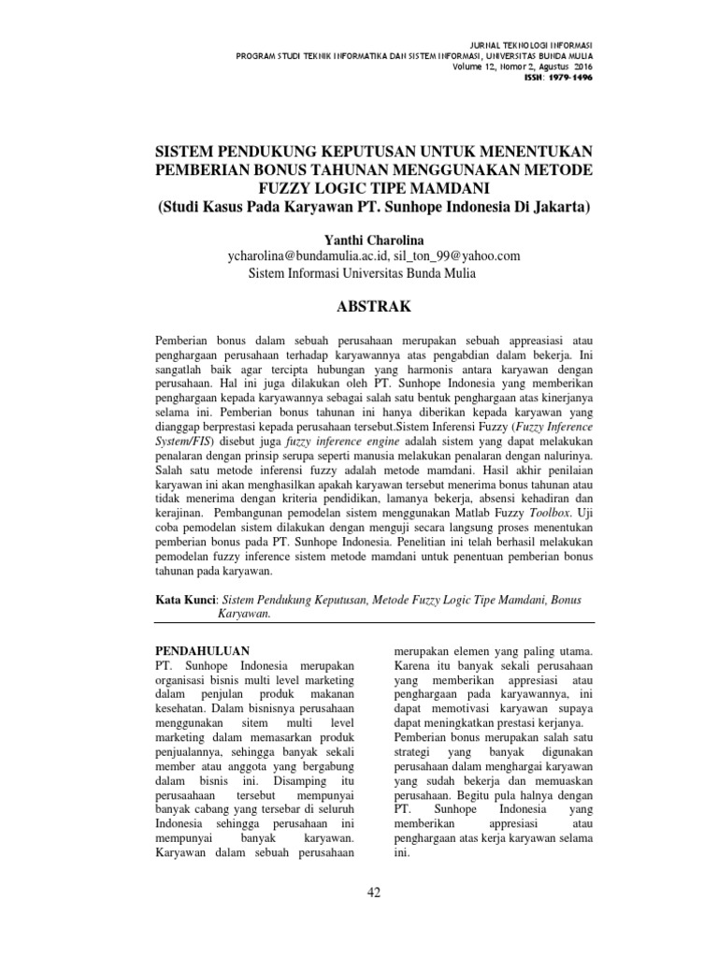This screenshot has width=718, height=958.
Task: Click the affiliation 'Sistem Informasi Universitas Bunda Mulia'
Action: pyautogui.click(x=361, y=273)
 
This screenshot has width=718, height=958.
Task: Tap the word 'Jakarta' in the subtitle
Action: pyautogui.click(x=555, y=205)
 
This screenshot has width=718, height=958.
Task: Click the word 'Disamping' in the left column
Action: pyautogui.click(x=283, y=779)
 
